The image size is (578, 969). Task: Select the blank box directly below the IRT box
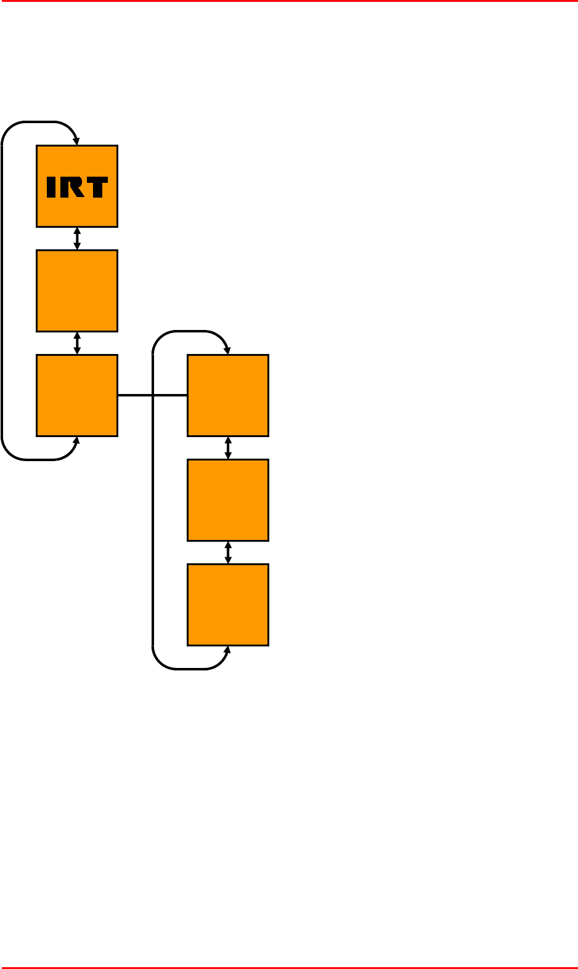tap(77, 291)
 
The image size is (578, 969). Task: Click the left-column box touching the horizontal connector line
tap(77, 395)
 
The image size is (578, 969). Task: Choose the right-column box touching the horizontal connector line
tap(228, 395)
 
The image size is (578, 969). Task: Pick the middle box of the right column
tap(228, 500)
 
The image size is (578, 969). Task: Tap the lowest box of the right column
tap(228, 605)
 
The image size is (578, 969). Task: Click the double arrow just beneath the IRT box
tap(77, 239)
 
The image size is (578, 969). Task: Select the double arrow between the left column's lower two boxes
tap(77, 344)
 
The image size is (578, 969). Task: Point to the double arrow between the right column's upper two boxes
tap(228, 448)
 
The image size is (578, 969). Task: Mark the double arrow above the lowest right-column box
tap(228, 553)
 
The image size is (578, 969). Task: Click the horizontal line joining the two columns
tap(152, 395)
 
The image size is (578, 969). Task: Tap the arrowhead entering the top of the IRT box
tap(76, 142)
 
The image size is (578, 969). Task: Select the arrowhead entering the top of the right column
tap(227, 351)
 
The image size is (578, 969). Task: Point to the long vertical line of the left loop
tap(2, 291)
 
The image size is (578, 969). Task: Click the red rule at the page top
tap(289, 1)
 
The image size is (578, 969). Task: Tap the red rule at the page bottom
tap(289, 967)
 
